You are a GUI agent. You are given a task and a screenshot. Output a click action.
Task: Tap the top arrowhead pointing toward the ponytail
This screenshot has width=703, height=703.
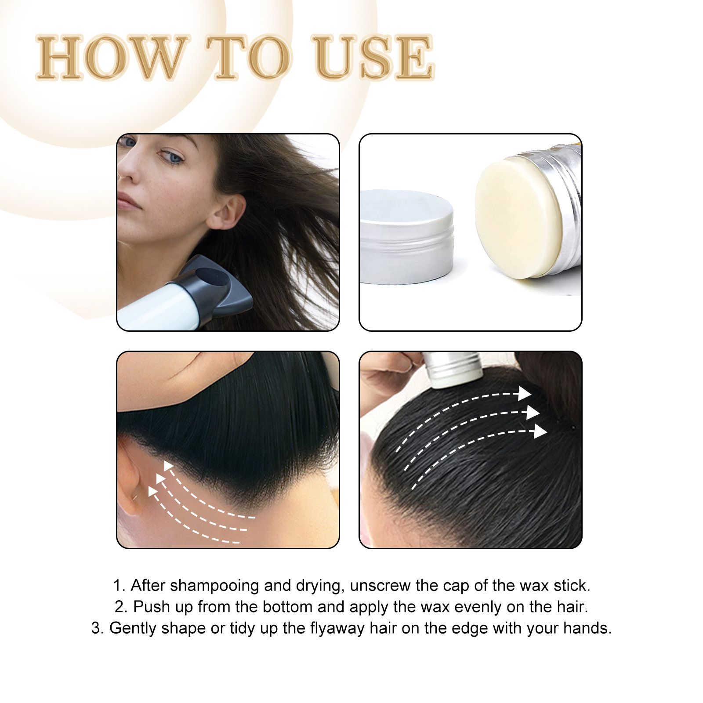point(524,394)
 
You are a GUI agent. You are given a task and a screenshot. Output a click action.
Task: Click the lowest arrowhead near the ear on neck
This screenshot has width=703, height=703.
point(153,491)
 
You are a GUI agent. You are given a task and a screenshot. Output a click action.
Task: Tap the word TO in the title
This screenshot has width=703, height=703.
point(253,58)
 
